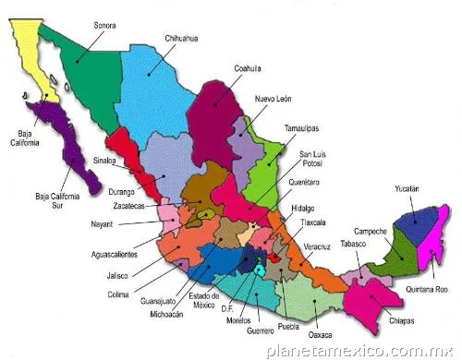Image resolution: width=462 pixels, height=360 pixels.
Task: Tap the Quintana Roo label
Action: pos(426,289)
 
